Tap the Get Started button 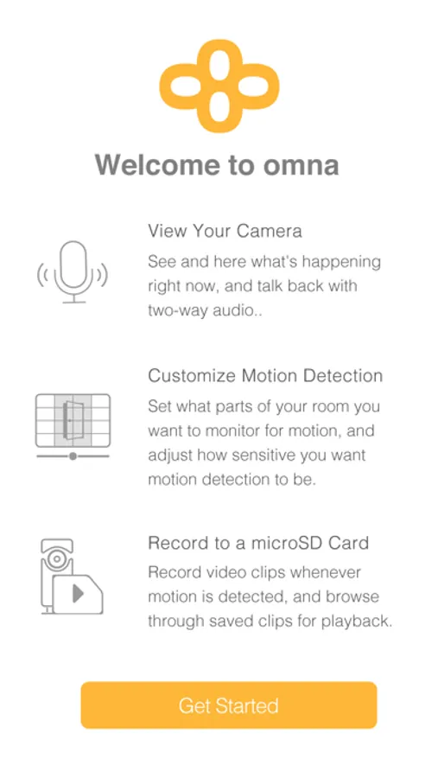coord(229,705)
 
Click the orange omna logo coord(219,86)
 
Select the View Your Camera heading coord(225,231)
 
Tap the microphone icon coord(73,272)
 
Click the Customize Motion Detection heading coord(265,376)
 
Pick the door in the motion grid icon coord(73,420)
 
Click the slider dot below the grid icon coord(73,456)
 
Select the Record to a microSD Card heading coord(258,543)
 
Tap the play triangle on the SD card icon coord(78,593)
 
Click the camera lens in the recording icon coord(57,558)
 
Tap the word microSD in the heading coord(282,543)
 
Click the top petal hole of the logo coord(219,63)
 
